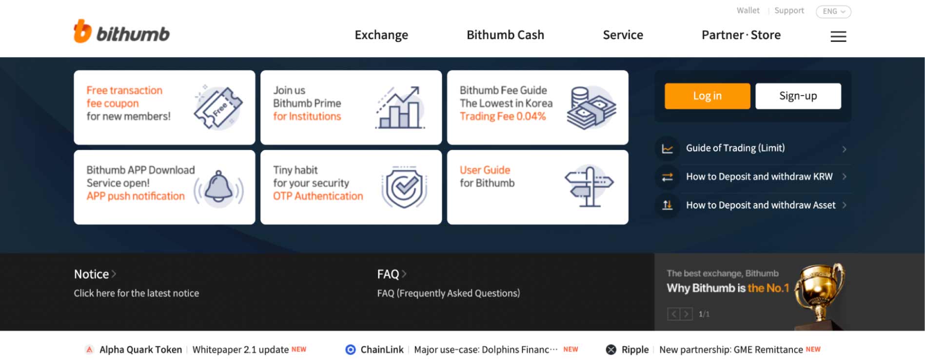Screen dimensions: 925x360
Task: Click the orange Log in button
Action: (x=707, y=96)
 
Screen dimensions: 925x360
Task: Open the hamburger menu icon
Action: (x=838, y=36)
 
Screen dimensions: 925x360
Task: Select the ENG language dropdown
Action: (x=833, y=11)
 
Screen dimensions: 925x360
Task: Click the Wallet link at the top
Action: (x=748, y=10)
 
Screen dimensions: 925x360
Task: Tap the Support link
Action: (x=789, y=10)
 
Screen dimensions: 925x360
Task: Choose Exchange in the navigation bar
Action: (x=381, y=35)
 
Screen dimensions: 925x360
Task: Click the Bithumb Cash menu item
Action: (x=505, y=35)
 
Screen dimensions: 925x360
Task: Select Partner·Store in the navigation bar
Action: (x=741, y=35)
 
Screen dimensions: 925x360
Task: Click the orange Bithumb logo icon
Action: (x=82, y=31)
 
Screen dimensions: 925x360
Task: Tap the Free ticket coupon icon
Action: (x=218, y=107)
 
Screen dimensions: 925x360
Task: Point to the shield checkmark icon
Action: (x=404, y=187)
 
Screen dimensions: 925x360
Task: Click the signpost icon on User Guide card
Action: (x=589, y=186)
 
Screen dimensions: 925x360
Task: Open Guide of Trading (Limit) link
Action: (x=735, y=148)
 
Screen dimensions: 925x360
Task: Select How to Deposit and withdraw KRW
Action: (x=759, y=177)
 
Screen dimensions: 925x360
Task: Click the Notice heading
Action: (x=91, y=274)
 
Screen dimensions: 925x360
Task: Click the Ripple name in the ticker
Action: (x=635, y=350)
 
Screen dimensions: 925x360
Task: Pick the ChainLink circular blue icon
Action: (x=350, y=349)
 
